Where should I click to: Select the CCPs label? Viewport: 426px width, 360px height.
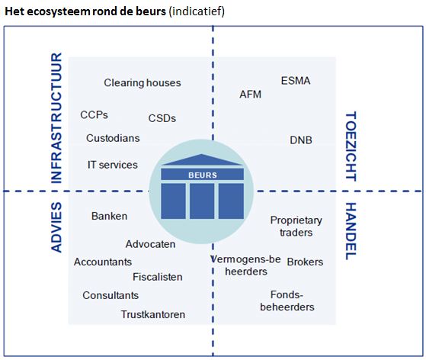94,115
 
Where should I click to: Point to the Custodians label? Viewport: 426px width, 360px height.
113,139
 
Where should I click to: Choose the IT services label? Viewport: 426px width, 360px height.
113,165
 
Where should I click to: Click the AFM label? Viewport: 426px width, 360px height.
251,95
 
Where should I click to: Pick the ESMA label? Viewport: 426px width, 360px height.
296,81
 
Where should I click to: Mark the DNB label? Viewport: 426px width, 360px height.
301,140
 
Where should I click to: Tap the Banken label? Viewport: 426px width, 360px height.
109,216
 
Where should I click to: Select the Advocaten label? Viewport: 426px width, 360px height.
151,244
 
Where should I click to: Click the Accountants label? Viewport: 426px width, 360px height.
103,262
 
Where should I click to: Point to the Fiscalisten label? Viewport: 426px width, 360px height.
157,277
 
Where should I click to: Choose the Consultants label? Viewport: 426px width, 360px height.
111,295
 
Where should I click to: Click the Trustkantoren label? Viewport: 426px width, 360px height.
152,314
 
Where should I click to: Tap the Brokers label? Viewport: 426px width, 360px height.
305,262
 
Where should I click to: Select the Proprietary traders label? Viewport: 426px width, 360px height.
296,227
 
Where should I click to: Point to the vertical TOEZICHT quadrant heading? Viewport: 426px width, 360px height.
351,145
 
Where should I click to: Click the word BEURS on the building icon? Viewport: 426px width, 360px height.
202,174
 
